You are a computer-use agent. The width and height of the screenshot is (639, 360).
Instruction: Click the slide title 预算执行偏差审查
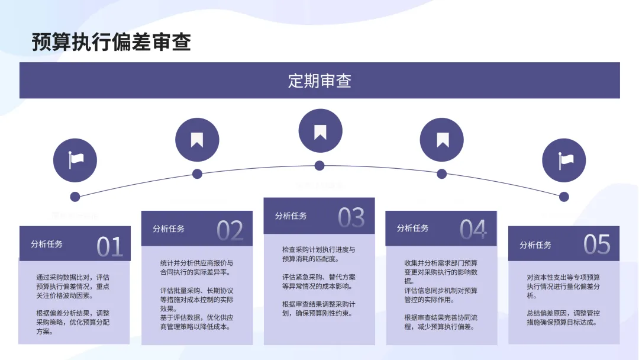(111, 42)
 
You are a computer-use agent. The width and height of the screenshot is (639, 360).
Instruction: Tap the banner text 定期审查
(319, 81)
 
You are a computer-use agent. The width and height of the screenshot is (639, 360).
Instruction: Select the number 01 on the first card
(109, 246)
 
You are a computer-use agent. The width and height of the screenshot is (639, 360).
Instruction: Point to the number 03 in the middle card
(351, 218)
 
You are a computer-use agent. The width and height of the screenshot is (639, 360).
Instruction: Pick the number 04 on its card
(473, 230)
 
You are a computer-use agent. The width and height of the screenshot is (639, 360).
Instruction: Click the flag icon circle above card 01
(75, 160)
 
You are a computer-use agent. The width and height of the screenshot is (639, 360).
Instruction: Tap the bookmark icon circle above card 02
(197, 140)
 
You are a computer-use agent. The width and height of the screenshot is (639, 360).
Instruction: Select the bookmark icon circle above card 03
(319, 131)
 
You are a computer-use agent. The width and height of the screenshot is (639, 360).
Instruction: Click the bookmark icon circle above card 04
(441, 140)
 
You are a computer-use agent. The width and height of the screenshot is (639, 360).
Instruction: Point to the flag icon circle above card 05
(564, 160)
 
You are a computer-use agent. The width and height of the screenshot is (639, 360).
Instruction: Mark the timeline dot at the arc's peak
(319, 165)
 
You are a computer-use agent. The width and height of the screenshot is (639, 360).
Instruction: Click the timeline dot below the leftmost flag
(75, 197)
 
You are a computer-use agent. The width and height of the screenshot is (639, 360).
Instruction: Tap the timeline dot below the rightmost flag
(564, 197)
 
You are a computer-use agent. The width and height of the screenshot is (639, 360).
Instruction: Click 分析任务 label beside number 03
(291, 216)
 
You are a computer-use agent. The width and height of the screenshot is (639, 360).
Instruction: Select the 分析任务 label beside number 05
(535, 245)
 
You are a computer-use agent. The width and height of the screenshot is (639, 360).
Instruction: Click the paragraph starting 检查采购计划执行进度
(319, 254)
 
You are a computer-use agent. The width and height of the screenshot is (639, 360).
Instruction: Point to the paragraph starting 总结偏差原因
(563, 317)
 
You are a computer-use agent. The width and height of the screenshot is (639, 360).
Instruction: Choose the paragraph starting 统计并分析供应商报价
(196, 268)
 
